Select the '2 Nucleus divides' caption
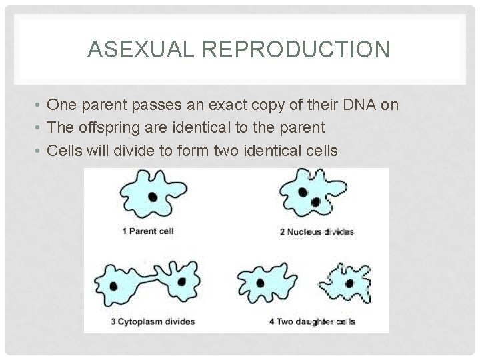(x=317, y=233)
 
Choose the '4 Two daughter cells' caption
(x=312, y=322)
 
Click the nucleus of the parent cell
(x=153, y=197)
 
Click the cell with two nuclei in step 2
(x=312, y=195)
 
